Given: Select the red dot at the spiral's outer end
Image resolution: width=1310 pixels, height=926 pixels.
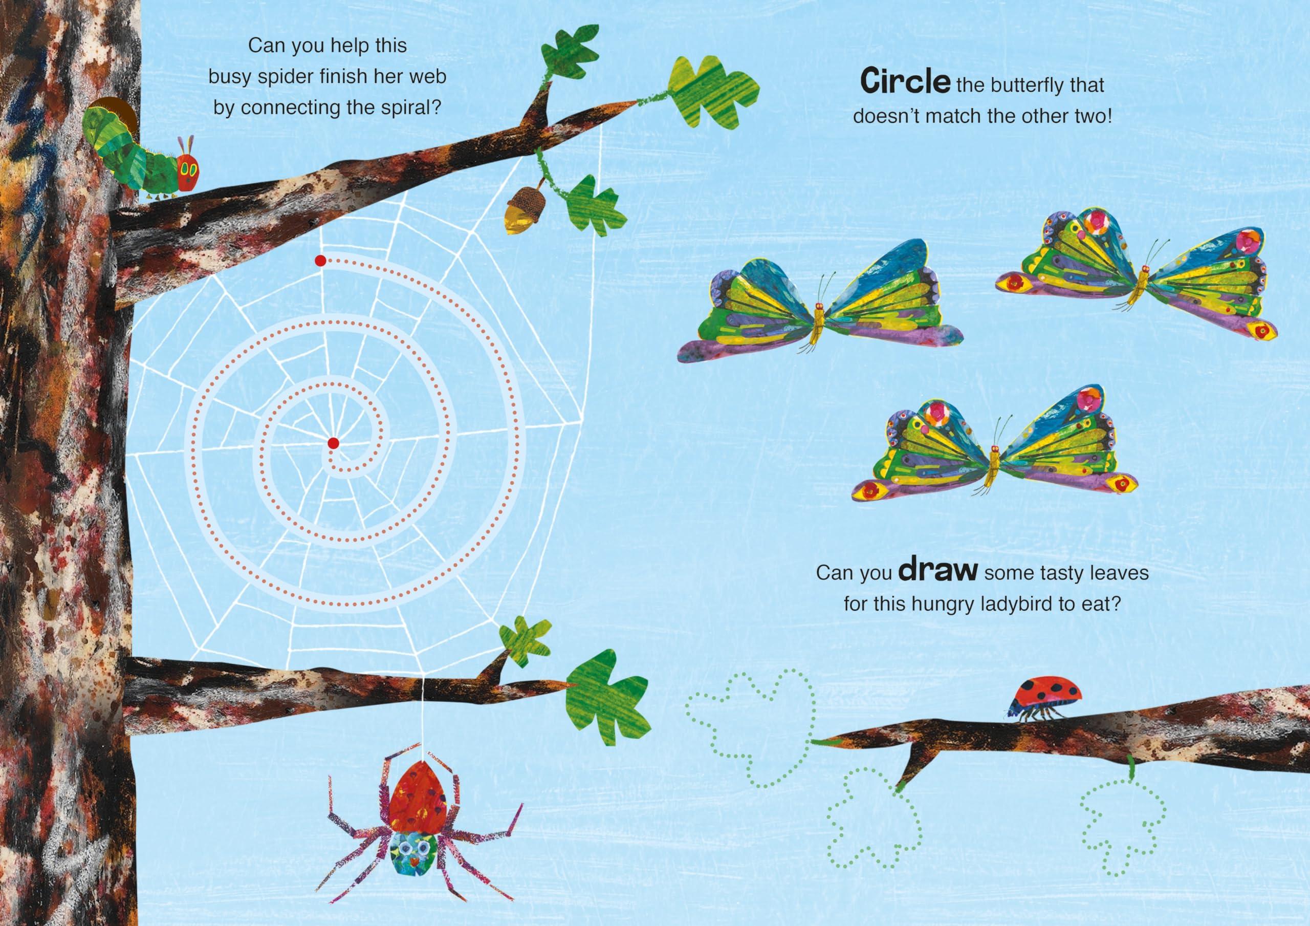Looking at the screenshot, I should (320, 261).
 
